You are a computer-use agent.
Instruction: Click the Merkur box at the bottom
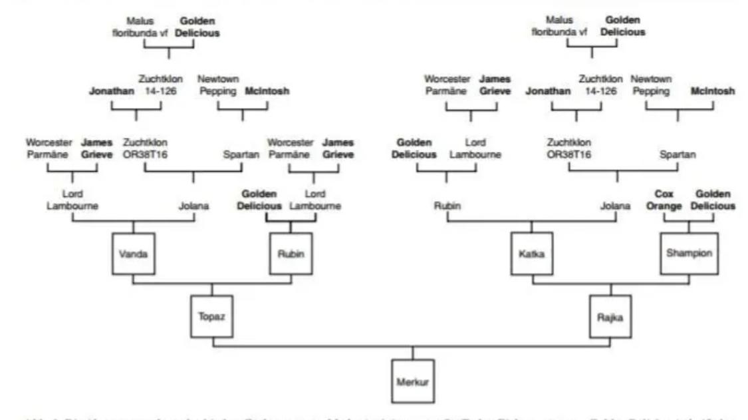click(x=412, y=380)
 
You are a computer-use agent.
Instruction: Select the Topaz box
click(x=212, y=316)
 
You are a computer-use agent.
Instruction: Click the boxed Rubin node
click(x=290, y=254)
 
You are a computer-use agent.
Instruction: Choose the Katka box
click(x=531, y=254)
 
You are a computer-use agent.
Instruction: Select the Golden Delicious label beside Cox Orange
click(x=715, y=200)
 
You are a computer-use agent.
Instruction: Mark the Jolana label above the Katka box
click(x=615, y=206)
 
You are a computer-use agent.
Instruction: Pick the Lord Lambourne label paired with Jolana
click(x=72, y=200)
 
